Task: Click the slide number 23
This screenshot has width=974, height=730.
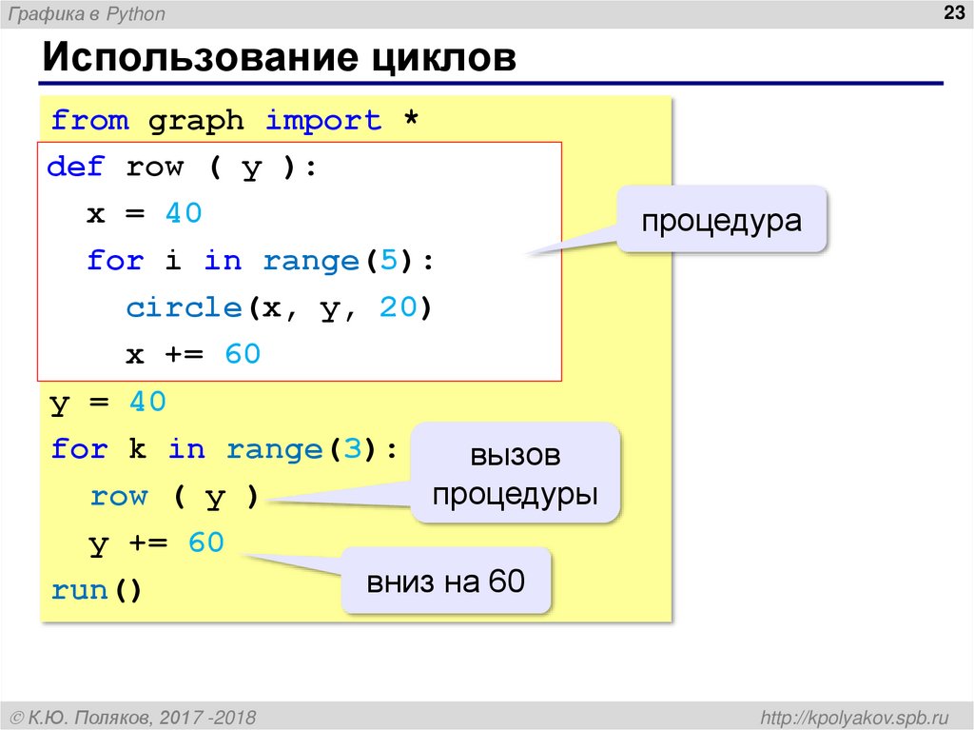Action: (x=950, y=12)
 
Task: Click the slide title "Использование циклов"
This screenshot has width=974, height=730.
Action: (x=278, y=59)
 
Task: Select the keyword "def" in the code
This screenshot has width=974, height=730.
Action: (x=75, y=168)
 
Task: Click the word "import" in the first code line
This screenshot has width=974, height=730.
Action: (x=322, y=121)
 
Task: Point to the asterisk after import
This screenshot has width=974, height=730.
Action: (x=410, y=121)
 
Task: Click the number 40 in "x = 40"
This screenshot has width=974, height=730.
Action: (x=184, y=214)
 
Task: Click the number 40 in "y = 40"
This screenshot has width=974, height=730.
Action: (x=147, y=403)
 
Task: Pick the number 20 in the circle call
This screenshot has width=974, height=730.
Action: (x=398, y=308)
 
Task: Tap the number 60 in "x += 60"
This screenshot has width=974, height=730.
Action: (x=243, y=355)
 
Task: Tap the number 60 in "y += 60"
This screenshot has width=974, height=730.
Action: (x=205, y=543)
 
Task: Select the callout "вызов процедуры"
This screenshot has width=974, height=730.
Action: (x=516, y=474)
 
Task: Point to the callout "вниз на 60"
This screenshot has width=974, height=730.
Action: (x=446, y=581)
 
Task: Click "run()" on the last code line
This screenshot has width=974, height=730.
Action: (x=96, y=590)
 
